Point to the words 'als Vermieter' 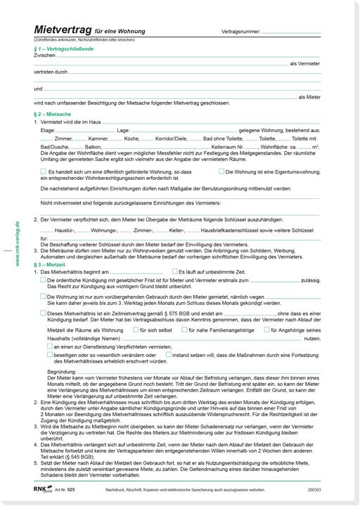coord(305,63)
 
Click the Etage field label coord(48,131)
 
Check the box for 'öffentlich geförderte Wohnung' coord(44,171)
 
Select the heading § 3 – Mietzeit coord(51,264)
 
